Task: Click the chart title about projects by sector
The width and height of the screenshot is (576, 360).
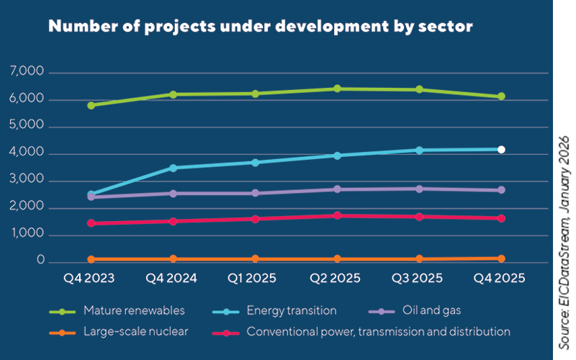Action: (x=260, y=27)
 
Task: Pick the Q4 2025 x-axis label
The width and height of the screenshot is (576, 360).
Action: (x=501, y=278)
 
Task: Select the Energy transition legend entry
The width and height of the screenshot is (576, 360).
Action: (x=291, y=311)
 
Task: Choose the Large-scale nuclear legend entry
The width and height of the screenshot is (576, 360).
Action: (x=135, y=332)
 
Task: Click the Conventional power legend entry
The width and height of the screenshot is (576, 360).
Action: (x=378, y=332)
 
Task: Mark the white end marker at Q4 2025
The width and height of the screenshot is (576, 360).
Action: (x=501, y=149)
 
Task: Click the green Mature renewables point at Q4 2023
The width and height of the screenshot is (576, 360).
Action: (x=91, y=105)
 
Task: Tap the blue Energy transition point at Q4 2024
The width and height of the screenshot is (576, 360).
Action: (x=173, y=168)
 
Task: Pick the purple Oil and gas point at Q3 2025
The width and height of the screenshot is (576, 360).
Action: (x=419, y=189)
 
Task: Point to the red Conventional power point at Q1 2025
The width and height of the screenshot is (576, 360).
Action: (x=256, y=219)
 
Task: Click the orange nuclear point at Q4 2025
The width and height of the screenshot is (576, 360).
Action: (x=501, y=258)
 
